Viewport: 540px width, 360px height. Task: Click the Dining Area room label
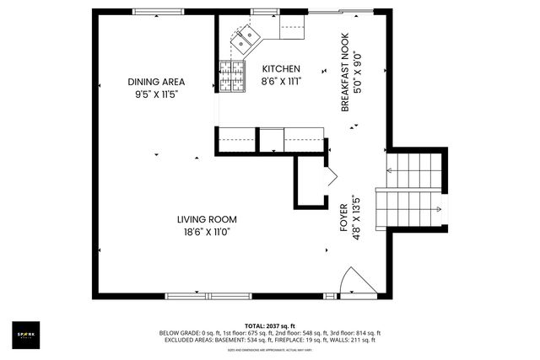tap(156, 82)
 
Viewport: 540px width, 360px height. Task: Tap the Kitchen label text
tap(280, 69)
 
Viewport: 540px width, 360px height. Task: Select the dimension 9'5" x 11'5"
tap(156, 94)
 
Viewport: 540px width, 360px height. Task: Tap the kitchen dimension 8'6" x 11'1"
tap(281, 81)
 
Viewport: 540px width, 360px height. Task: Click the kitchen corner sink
tap(250, 36)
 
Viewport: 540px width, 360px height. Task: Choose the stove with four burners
tap(232, 75)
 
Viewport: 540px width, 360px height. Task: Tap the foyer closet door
tap(330, 178)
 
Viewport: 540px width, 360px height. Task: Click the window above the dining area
tap(158, 12)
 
